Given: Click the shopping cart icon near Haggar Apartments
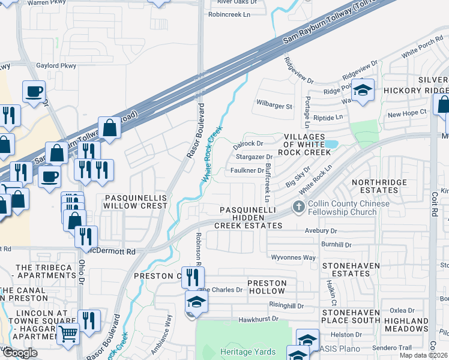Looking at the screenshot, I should click(x=68, y=332).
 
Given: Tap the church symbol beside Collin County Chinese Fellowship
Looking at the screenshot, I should click(x=298, y=208).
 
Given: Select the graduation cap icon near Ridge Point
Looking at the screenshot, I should click(x=362, y=90).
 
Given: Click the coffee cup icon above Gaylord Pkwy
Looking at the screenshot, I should click(x=34, y=92).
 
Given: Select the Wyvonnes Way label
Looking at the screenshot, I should click(x=294, y=257).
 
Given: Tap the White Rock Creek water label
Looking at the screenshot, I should click(x=212, y=154).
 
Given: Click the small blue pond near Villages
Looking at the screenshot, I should click(x=331, y=144).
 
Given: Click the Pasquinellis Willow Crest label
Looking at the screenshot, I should click(x=135, y=201).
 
